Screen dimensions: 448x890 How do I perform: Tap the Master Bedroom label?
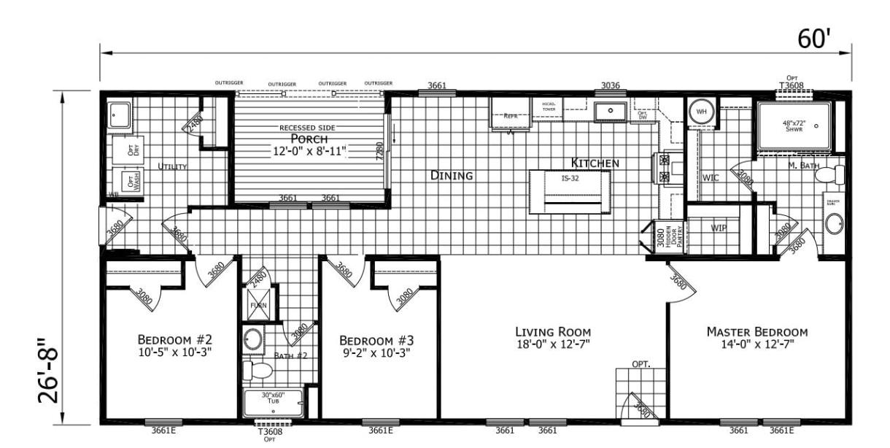(x=757, y=332)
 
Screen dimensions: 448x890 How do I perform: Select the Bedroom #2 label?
(x=174, y=340)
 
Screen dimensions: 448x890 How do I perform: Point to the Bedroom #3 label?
(x=376, y=340)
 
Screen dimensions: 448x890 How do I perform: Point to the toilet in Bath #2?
(x=258, y=370)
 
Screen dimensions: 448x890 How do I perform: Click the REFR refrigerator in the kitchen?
(x=510, y=114)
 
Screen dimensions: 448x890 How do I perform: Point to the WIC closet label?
(x=711, y=177)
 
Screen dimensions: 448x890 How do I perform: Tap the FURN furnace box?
(x=258, y=304)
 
